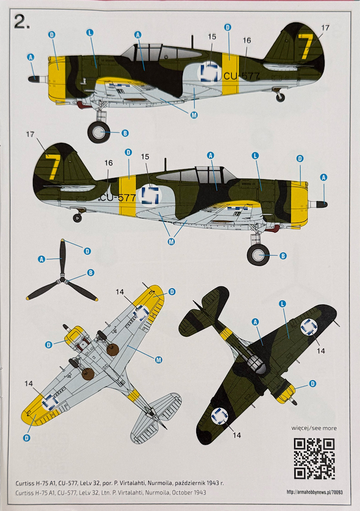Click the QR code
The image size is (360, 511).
click(314, 459)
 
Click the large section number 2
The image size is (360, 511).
click(21, 22)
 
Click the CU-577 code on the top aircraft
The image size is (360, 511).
click(242, 76)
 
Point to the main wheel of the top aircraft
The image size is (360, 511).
click(99, 132)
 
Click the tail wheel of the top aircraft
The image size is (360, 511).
click(280, 97)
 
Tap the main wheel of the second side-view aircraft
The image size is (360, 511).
click(258, 255)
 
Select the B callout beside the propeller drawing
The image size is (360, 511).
click(91, 273)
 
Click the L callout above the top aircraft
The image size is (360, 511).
click(90, 32)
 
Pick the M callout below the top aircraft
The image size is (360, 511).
click(194, 115)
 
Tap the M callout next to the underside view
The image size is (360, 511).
click(158, 360)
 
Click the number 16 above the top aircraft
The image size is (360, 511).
click(247, 40)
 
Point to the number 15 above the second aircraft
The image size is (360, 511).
click(145, 157)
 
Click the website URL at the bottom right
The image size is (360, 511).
click(315, 492)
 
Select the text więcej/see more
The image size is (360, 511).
click(314, 428)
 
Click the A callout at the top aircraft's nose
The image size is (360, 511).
click(30, 57)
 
